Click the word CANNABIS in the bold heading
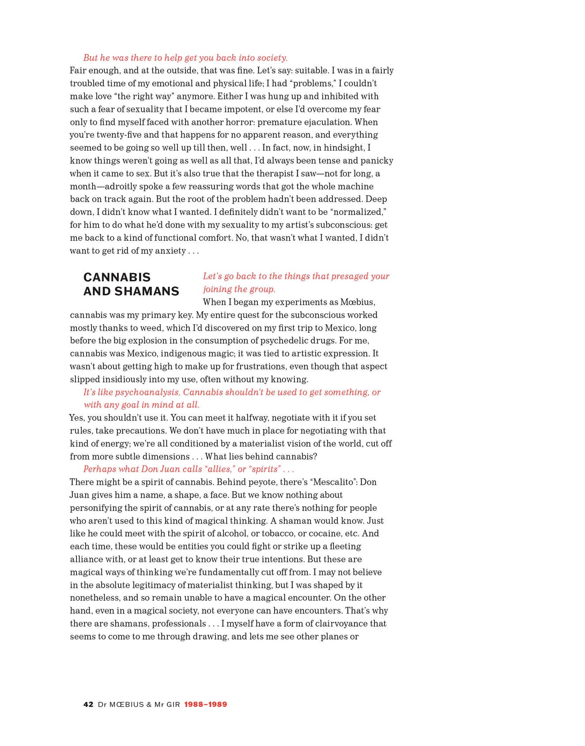(x=117, y=277)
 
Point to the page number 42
(x=88, y=704)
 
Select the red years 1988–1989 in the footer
(x=205, y=704)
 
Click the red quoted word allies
(x=219, y=469)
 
